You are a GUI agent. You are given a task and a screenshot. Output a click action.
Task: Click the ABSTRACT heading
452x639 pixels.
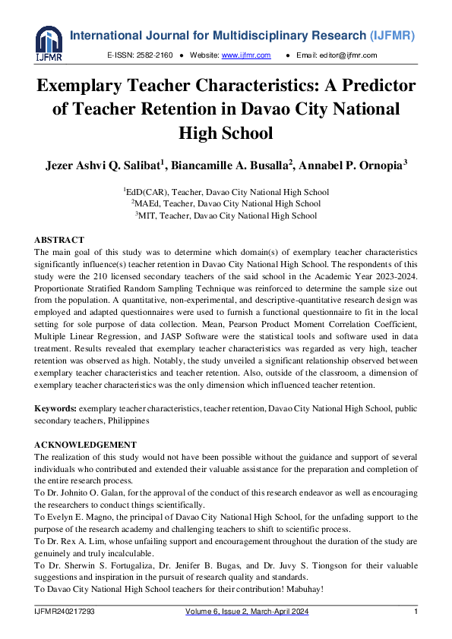59,240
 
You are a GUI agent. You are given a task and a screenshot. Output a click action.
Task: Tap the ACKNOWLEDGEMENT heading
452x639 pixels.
85,445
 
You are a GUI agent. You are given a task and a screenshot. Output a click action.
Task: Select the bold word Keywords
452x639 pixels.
55,408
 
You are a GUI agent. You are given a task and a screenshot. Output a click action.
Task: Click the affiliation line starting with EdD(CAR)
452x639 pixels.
226,192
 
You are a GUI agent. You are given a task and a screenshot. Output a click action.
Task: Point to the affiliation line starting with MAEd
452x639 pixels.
226,203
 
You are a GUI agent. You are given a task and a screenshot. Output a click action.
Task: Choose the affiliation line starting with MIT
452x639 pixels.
226,216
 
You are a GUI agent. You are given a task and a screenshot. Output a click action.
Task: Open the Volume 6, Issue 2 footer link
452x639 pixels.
247,612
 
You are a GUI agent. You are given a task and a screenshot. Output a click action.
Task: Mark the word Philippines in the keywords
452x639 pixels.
128,420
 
